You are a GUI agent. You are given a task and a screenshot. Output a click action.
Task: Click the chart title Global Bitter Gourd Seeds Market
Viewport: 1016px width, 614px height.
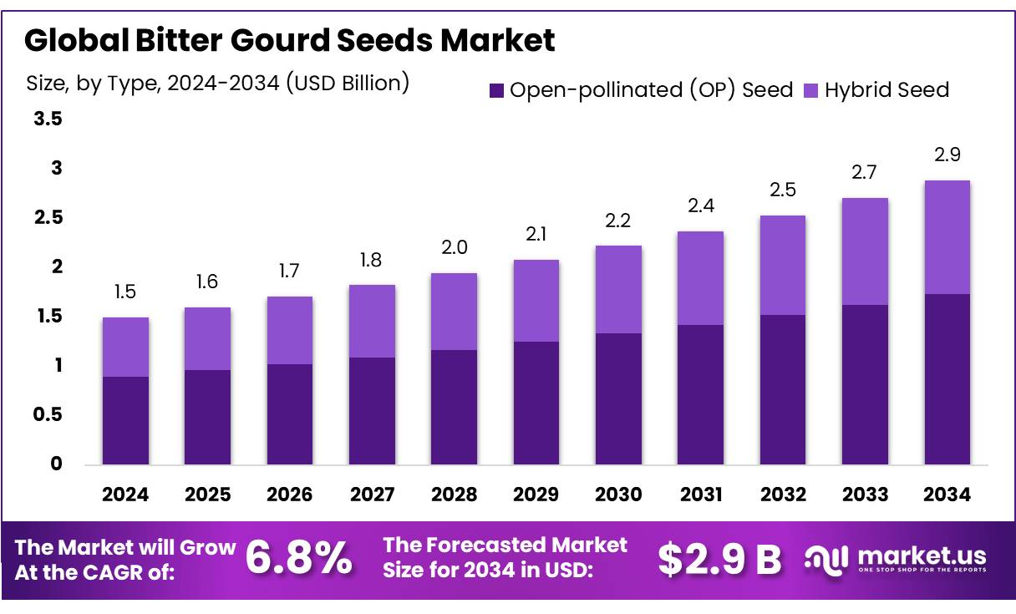[x=289, y=40]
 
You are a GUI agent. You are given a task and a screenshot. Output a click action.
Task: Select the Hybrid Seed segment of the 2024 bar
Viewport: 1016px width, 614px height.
[x=125, y=347]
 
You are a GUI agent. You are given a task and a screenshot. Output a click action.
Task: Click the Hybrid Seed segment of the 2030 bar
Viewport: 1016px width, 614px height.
[x=618, y=289]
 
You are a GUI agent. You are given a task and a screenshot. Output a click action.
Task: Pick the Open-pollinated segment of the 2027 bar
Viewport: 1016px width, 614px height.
[x=372, y=410]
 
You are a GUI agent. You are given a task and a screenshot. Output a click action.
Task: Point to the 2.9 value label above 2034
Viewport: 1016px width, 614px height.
[x=947, y=155]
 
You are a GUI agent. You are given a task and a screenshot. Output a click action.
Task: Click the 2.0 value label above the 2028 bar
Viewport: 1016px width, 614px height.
[x=455, y=247]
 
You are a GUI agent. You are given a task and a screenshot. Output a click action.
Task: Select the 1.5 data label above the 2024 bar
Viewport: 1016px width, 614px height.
[x=125, y=292]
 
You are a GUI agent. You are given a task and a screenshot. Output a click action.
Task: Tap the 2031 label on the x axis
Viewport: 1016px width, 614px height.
[x=700, y=495]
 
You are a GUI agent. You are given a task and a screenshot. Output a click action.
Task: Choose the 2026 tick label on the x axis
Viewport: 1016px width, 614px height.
[x=290, y=495]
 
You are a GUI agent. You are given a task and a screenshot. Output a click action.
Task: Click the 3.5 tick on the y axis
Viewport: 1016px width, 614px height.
[x=48, y=119]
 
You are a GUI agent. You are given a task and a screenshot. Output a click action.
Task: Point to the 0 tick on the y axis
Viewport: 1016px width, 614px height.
[x=56, y=464]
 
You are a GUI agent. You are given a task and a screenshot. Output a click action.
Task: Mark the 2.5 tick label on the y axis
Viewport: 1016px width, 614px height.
[x=48, y=218]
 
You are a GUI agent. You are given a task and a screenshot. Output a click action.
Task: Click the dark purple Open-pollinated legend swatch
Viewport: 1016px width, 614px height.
[x=496, y=89]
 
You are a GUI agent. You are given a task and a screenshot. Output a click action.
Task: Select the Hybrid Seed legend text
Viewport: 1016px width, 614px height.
[x=886, y=89]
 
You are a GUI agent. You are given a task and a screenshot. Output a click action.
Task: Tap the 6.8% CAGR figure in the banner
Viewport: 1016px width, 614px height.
[x=299, y=559]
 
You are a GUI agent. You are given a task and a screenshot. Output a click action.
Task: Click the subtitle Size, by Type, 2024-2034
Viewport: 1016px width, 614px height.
[x=217, y=83]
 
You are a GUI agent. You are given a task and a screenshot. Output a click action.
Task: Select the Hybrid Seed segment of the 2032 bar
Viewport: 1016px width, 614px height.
[x=783, y=265]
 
